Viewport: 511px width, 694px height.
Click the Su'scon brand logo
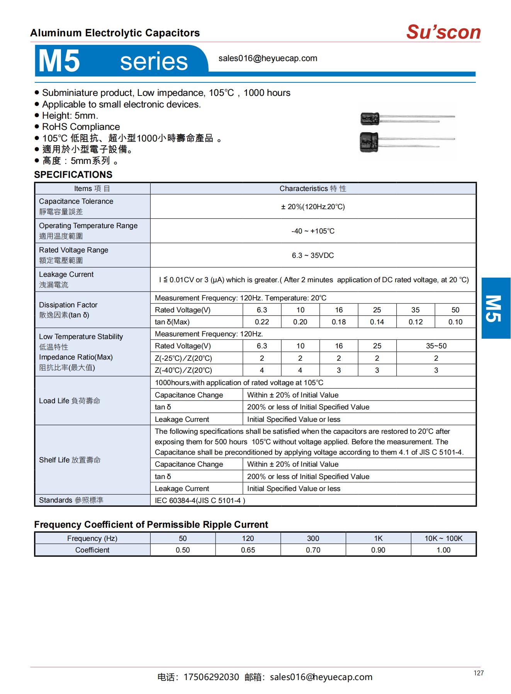click(x=443, y=32)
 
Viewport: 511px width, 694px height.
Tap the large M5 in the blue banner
click(x=59, y=61)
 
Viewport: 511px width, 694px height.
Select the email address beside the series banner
click(x=268, y=58)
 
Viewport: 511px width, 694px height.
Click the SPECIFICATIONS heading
click(x=73, y=174)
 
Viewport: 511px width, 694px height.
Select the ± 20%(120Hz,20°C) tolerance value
click(x=313, y=207)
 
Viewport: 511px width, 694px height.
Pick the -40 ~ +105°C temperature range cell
click(x=313, y=231)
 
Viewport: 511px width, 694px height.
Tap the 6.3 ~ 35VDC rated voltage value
click(x=313, y=256)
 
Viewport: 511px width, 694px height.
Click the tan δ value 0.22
click(x=262, y=322)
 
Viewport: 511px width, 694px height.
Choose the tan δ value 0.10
click(x=455, y=322)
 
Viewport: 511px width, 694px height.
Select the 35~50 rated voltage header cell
click(x=436, y=346)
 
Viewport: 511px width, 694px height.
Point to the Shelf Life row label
click(x=70, y=460)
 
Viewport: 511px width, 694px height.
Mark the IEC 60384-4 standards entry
click(x=200, y=501)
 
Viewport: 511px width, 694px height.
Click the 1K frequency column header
click(x=378, y=538)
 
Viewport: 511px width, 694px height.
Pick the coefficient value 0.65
click(x=248, y=550)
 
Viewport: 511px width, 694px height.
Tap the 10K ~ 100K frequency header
click(x=443, y=538)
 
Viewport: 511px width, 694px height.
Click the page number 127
click(x=479, y=673)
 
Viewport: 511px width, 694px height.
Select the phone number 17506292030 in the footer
click(x=211, y=677)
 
